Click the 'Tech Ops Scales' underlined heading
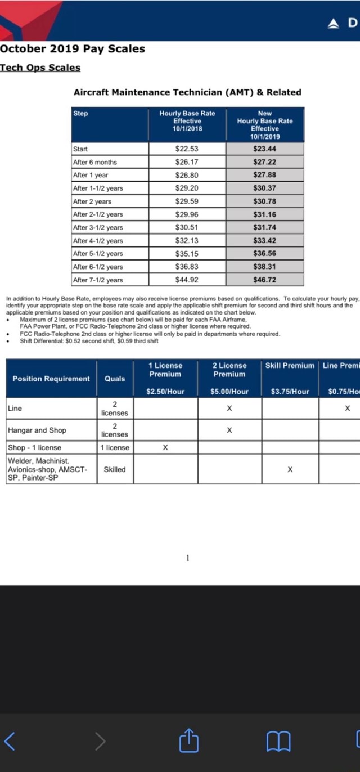click(40, 68)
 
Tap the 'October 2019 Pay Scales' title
click(72, 49)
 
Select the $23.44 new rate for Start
click(264, 149)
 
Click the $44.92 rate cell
click(187, 280)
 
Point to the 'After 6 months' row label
click(95, 162)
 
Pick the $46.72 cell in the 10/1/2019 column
click(264, 280)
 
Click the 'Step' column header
click(81, 114)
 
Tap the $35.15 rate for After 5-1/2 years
click(187, 254)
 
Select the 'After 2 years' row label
click(92, 201)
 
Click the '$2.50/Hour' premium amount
click(165, 392)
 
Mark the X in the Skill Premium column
click(290, 469)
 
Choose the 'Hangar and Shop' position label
click(37, 430)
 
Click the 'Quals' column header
click(115, 379)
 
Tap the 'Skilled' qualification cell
click(115, 469)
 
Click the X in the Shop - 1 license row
click(165, 448)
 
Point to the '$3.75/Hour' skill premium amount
click(290, 392)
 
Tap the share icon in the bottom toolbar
click(189, 741)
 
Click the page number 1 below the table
click(188, 558)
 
